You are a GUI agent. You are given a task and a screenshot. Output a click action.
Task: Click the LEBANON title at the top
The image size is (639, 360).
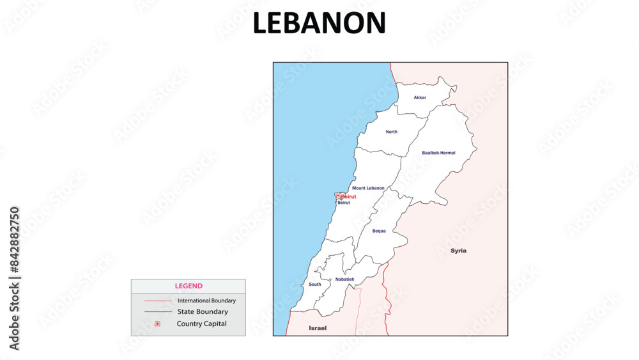(319, 24)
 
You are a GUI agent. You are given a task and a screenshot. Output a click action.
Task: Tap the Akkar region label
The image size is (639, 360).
(420, 98)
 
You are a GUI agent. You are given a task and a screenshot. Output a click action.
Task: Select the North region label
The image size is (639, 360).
(391, 132)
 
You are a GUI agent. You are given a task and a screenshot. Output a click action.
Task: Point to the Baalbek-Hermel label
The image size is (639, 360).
(438, 153)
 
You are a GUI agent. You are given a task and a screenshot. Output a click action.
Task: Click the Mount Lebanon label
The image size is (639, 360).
(368, 188)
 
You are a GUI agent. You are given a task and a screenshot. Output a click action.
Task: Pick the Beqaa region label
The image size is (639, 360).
(379, 231)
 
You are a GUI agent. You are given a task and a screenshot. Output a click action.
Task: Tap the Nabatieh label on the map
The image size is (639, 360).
(344, 279)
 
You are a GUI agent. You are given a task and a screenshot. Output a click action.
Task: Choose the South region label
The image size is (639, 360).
(315, 285)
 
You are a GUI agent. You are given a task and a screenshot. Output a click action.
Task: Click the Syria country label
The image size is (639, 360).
(458, 251)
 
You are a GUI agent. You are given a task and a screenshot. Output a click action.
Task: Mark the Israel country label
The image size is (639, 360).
(318, 328)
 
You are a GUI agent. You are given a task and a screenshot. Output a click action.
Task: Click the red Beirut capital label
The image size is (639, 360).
(348, 196)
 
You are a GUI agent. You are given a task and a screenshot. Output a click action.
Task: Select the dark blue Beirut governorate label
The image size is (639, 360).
(344, 203)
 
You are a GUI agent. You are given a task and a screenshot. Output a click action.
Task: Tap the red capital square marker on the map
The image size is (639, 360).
(338, 196)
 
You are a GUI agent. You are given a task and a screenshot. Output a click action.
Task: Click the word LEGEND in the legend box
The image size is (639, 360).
(189, 286)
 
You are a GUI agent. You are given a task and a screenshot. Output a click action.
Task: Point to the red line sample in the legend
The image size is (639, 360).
(158, 301)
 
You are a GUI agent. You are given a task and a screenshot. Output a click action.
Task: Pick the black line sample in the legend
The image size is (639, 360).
(158, 312)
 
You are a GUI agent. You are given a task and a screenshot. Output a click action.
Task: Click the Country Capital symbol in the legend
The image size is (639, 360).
(157, 324)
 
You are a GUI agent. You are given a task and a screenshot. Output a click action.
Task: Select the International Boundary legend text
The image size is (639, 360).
(206, 301)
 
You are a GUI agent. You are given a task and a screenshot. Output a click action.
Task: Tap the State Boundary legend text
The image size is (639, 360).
(203, 312)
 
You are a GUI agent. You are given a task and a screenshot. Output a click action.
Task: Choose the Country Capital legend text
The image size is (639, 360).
(202, 324)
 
